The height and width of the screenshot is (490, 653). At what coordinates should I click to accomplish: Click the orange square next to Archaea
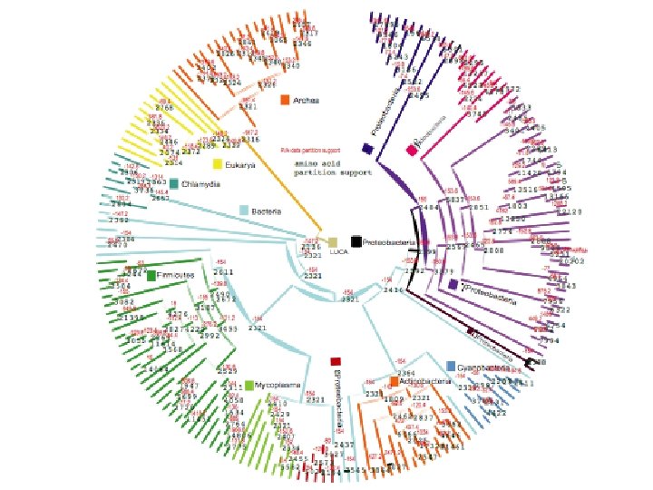pyautogui.click(x=285, y=100)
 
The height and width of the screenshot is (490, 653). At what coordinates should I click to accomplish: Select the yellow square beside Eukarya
pyautogui.click(x=218, y=165)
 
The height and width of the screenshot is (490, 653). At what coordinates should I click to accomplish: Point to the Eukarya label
pyautogui.click(x=240, y=166)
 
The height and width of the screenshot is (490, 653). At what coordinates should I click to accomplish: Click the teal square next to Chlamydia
pyautogui.click(x=174, y=183)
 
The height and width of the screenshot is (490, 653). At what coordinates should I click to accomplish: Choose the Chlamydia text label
pyautogui.click(x=201, y=183)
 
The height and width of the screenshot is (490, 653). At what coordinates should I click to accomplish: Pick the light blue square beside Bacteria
pyautogui.click(x=242, y=210)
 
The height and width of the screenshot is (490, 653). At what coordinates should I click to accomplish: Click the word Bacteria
pyautogui.click(x=267, y=211)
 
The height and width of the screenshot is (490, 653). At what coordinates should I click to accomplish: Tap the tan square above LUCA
pyautogui.click(x=333, y=240)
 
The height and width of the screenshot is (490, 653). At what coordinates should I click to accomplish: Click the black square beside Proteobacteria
pyautogui.click(x=356, y=241)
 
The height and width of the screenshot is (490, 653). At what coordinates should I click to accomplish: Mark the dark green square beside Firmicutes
pyautogui.click(x=151, y=274)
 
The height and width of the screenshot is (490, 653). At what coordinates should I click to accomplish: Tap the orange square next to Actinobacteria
pyautogui.click(x=394, y=382)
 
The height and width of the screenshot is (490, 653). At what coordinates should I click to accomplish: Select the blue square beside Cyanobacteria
pyautogui.click(x=452, y=367)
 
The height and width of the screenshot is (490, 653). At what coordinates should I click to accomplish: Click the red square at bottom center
pyautogui.click(x=336, y=361)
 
